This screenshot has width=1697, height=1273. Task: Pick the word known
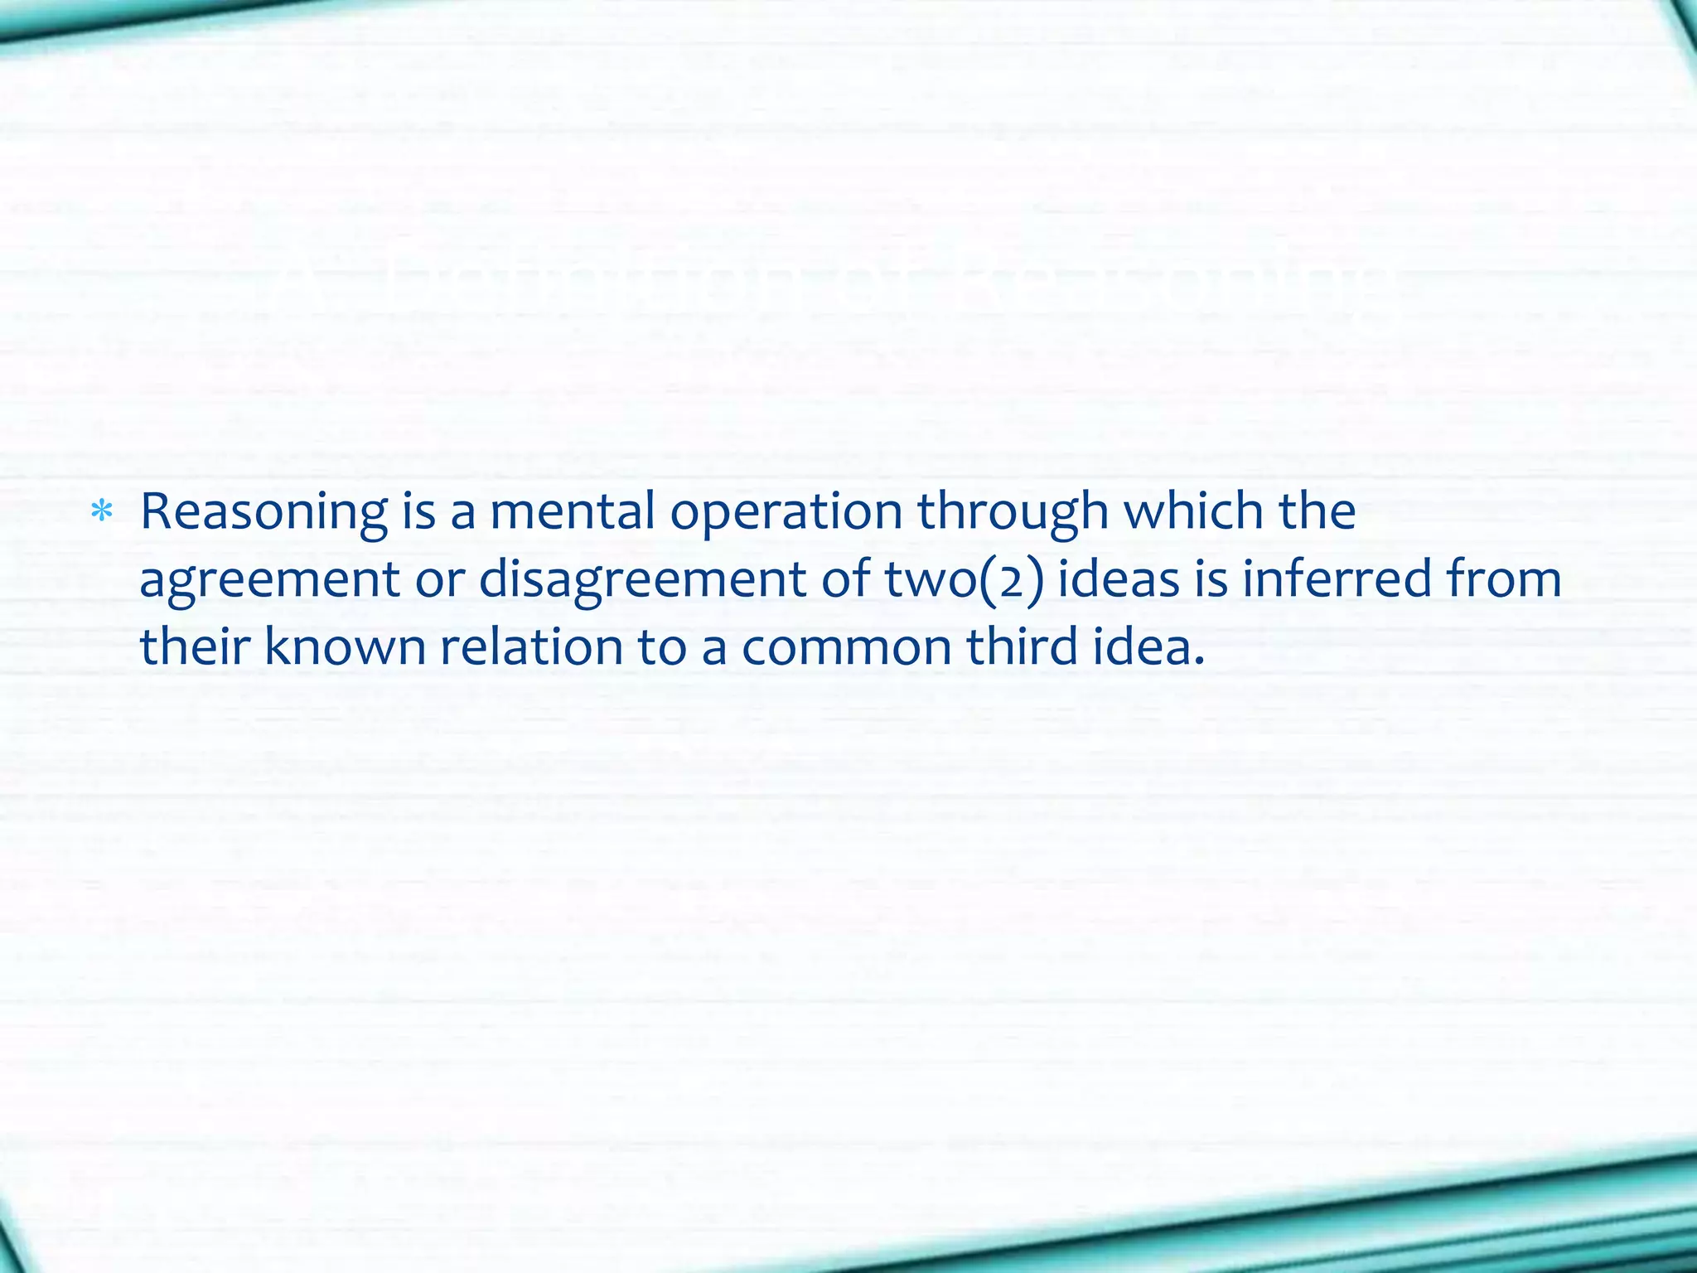point(345,646)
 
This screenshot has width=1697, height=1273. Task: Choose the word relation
point(531,646)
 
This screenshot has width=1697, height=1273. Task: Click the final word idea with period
point(1148,646)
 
